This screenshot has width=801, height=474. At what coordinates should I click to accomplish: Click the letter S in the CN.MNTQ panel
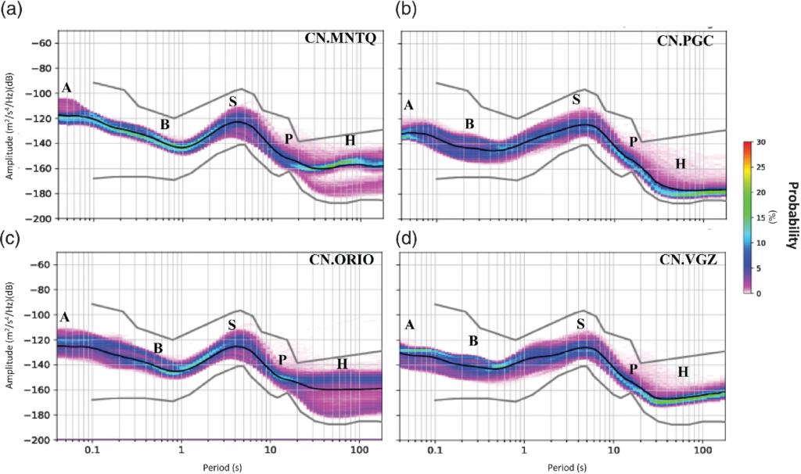click(232, 102)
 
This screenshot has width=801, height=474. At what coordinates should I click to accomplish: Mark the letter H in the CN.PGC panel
click(681, 163)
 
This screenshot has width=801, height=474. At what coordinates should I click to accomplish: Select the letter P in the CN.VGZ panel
click(634, 368)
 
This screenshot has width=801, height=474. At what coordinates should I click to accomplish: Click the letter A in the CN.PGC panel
click(408, 106)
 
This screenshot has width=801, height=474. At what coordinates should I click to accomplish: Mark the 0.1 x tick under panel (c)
click(92, 454)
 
